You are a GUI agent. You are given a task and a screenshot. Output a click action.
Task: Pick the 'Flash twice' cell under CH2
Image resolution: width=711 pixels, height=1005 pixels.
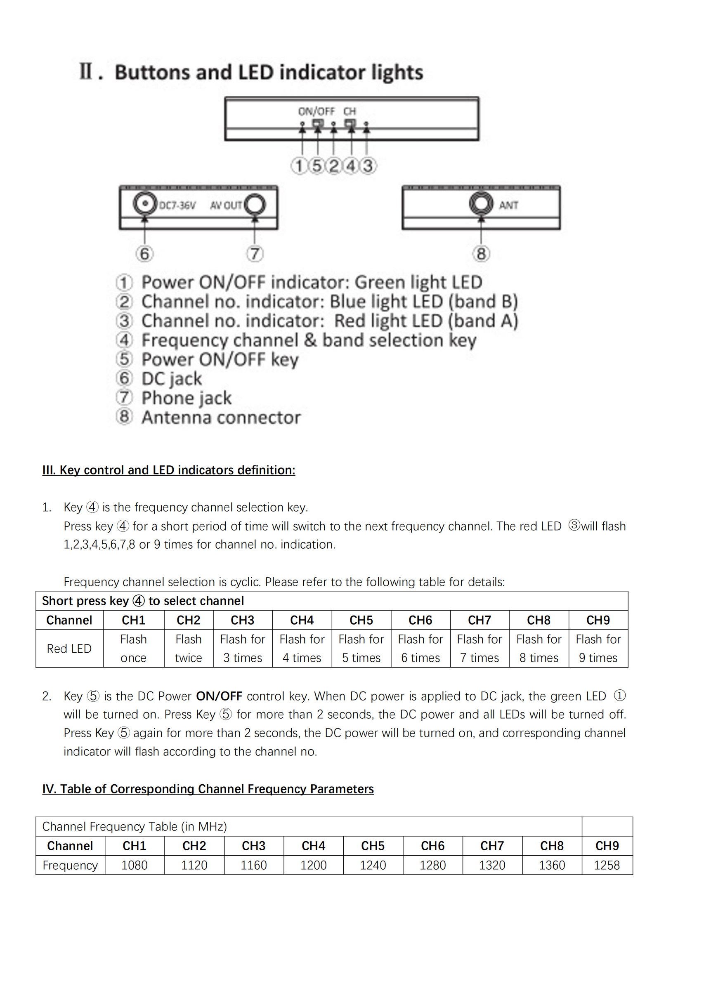(x=188, y=648)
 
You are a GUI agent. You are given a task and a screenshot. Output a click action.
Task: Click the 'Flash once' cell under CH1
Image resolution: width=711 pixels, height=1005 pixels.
(x=134, y=648)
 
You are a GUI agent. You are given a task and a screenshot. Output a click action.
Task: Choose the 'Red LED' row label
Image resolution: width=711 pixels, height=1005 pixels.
(x=69, y=648)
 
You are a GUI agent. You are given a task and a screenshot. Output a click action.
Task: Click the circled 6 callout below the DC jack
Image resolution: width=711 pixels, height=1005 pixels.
(x=144, y=253)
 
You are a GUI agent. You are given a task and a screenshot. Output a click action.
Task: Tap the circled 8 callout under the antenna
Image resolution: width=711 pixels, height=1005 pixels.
(x=481, y=253)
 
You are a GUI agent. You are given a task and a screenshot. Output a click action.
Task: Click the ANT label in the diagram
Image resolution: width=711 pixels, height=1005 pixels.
(x=508, y=205)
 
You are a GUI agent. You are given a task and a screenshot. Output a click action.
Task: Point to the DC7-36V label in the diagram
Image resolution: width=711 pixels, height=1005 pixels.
(x=177, y=205)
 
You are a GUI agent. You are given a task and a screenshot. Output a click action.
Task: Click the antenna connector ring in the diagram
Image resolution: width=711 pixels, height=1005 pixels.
(x=481, y=203)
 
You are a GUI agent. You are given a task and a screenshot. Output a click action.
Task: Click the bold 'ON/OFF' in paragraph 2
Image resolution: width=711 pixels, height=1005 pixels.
(x=219, y=696)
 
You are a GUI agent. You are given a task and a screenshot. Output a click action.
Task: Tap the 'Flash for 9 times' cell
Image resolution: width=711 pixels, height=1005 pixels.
(x=598, y=648)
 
